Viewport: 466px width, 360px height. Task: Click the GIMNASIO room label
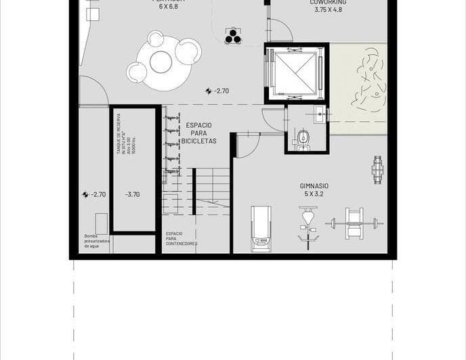pyautogui.click(x=314, y=185)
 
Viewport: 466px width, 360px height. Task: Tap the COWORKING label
pyautogui.click(x=329, y=3)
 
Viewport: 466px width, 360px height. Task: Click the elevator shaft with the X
pyautogui.click(x=296, y=72)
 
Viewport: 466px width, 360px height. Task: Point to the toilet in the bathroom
pyautogui.click(x=303, y=141)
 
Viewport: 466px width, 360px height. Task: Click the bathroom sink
pyautogui.click(x=320, y=115)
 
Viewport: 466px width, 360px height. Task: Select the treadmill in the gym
pyautogui.click(x=261, y=229)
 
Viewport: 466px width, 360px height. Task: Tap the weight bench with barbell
pyautogui.click(x=354, y=223)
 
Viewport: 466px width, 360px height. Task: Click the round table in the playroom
pyautogui.click(x=161, y=62)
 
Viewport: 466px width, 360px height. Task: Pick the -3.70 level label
pyautogui.click(x=132, y=194)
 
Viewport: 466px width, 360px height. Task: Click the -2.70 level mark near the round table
pyautogui.click(x=217, y=91)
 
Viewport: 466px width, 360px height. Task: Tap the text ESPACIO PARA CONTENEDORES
pyautogui.click(x=181, y=238)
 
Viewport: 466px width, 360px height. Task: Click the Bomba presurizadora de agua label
pyautogui.click(x=96, y=242)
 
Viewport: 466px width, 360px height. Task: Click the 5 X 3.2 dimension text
pyautogui.click(x=314, y=194)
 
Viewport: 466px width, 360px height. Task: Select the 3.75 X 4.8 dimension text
pyautogui.click(x=329, y=10)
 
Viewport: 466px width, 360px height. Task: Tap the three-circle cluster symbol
pyautogui.click(x=233, y=37)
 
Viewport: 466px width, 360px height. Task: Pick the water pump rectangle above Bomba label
pyautogui.click(x=101, y=223)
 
